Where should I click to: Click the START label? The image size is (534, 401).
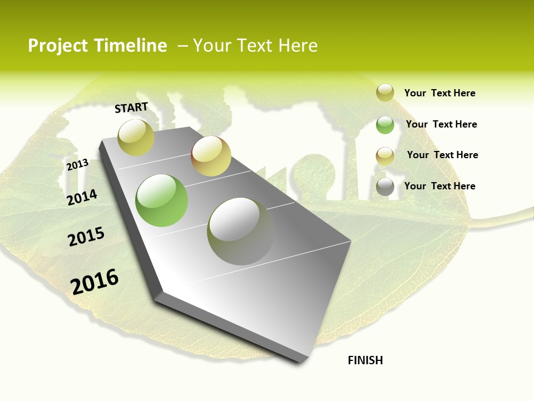131,107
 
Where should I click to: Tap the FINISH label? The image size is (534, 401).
365,360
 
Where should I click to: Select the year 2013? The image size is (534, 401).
77,164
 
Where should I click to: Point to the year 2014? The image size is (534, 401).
82,197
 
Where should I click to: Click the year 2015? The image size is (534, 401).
86,236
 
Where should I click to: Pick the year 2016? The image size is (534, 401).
95,281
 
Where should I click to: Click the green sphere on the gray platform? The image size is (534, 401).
161,200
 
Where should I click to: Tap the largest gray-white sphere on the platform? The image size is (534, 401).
240,231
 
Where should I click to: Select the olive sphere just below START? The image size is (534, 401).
136,137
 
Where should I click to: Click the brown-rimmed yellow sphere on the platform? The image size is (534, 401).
211,156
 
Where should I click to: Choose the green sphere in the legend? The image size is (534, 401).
385,125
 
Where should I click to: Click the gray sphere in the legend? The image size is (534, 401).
385,187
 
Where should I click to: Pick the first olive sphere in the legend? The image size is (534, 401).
385,92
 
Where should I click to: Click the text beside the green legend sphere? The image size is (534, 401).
441,124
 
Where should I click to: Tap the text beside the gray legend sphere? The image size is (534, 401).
439,186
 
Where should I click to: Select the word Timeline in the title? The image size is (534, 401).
131,46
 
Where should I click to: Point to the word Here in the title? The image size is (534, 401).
298,46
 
